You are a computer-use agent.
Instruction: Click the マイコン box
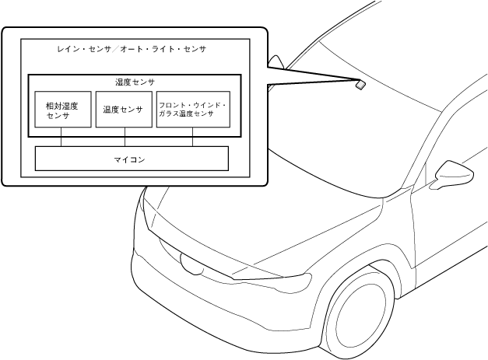click(132, 158)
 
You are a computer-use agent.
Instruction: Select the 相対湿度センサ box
click(61, 110)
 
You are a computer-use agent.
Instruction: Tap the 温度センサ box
click(122, 110)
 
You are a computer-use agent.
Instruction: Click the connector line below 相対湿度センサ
click(61, 138)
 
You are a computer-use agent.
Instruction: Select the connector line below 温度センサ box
click(122, 138)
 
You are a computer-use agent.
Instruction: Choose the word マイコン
click(132, 159)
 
